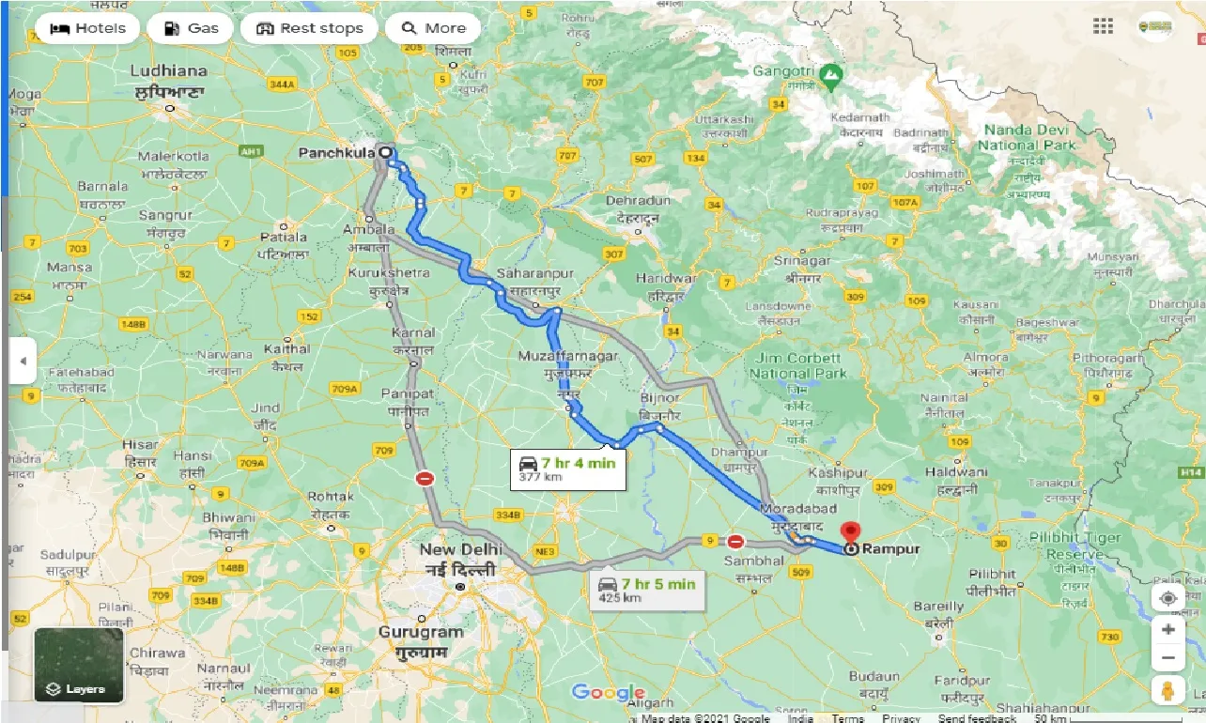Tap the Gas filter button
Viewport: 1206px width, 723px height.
point(192,28)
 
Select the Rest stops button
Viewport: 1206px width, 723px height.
point(309,28)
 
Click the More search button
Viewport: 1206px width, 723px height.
point(433,28)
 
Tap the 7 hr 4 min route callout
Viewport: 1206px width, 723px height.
point(567,469)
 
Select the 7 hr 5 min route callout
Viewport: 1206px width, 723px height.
point(647,589)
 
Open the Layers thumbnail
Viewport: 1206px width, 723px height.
point(79,666)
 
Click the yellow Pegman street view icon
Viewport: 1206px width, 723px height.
point(1167,689)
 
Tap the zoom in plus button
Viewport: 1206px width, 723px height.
point(1167,629)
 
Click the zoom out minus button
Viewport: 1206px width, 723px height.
point(1167,657)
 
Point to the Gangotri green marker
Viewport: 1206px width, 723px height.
point(829,72)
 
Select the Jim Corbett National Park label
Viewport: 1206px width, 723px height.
point(797,366)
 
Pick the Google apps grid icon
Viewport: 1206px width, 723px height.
point(1103,26)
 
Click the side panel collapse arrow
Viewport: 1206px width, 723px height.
point(22,361)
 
